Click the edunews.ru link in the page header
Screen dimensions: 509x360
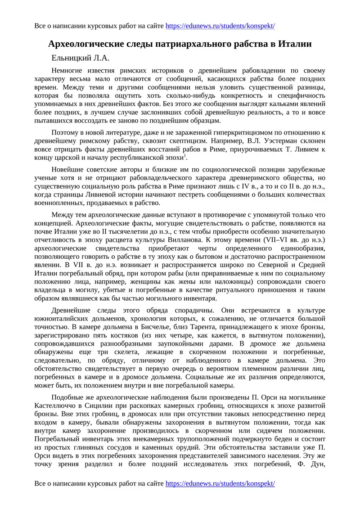click(x=220, y=26)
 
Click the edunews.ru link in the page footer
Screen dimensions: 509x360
click(x=220, y=483)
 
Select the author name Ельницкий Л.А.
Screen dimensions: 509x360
click(x=81, y=58)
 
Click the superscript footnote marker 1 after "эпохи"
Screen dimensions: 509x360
click(x=186, y=155)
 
